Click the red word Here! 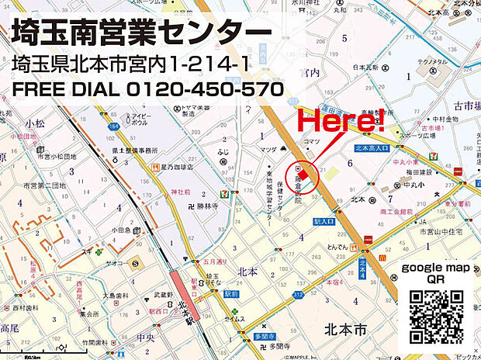pyautogui.click(x=341, y=121)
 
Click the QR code pyautogui.click(x=436, y=316)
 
